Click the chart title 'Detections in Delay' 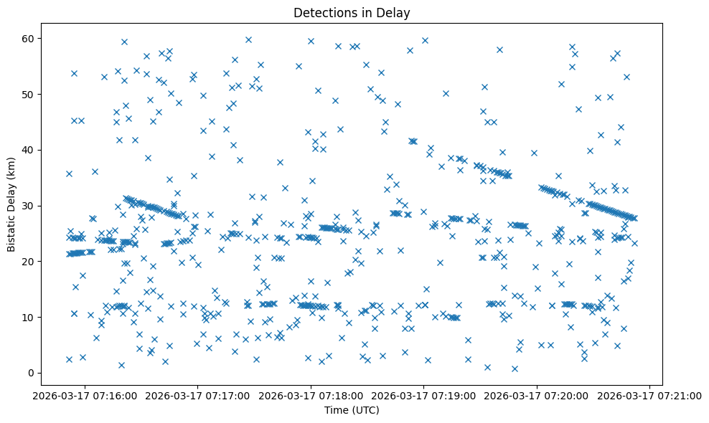click(352, 12)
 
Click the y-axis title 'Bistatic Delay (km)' click(11, 197)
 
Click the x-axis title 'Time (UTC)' click(352, 410)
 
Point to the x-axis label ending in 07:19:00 click(424, 395)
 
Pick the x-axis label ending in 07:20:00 click(537, 395)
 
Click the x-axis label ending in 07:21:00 click(650, 395)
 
